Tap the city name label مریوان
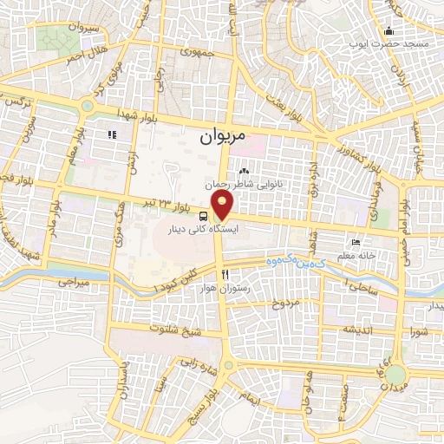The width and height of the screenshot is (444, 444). tap(222, 137)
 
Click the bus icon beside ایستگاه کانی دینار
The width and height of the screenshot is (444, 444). tap(203, 216)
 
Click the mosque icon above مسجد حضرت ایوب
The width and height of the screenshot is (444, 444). tap(388, 32)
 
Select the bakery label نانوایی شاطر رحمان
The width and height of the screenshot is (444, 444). tap(245, 184)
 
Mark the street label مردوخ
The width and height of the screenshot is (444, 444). tap(285, 303)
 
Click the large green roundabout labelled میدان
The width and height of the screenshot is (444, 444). tap(395, 375)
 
